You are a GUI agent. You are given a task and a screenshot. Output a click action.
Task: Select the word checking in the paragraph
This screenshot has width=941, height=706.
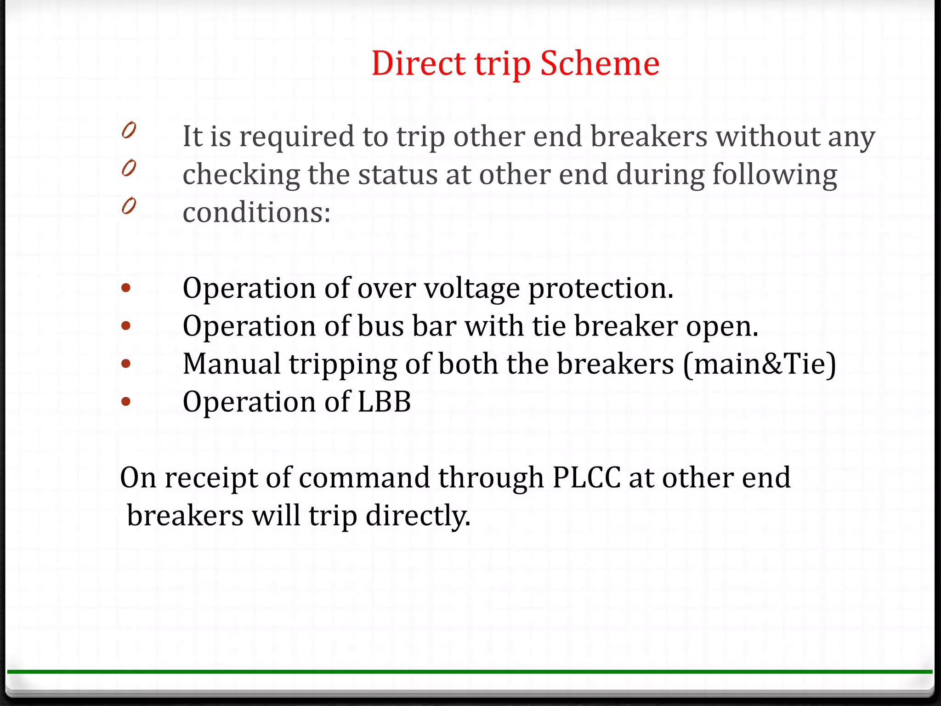coord(241,175)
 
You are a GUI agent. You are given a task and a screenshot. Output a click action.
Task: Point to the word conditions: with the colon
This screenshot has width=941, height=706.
coord(256,213)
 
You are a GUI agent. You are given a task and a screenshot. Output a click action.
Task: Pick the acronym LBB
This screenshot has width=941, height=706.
coord(384,402)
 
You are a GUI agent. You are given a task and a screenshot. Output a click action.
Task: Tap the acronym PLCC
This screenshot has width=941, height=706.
coord(586,477)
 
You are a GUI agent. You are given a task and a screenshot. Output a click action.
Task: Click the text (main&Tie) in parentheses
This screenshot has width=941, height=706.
coord(760,364)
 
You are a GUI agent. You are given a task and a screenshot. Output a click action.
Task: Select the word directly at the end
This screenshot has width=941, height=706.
coord(418,516)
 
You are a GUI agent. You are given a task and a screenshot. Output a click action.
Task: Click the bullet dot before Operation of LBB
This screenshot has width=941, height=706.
coord(126,402)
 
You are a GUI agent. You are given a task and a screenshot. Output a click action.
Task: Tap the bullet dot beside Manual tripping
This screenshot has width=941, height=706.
coord(126,364)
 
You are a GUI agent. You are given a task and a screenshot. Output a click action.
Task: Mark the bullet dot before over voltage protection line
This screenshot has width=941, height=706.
coord(126,289)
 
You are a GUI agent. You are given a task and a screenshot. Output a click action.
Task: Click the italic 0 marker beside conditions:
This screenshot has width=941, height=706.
coord(129,206)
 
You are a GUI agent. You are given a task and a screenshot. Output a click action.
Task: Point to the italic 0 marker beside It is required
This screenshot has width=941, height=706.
coord(129,130)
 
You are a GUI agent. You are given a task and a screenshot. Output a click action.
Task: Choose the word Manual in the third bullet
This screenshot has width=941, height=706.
coord(231,364)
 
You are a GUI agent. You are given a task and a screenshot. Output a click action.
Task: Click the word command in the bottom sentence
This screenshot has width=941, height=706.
coord(364,477)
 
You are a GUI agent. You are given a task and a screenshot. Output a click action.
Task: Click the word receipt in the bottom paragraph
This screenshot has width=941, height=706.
coord(211,478)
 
